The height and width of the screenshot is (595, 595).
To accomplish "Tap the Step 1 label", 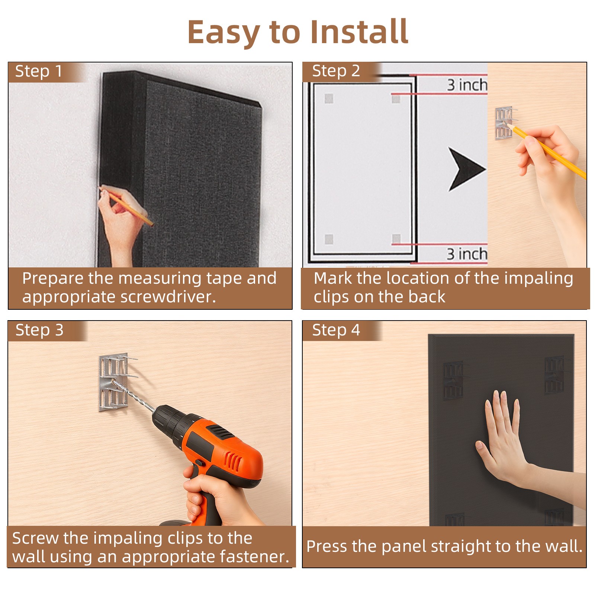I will [39, 71].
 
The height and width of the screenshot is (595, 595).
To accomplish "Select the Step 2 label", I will [336, 71].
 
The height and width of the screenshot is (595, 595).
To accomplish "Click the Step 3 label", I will [39, 330].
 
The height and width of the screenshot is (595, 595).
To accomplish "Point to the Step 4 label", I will [336, 330].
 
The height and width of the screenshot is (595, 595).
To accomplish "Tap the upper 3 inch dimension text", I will [467, 85].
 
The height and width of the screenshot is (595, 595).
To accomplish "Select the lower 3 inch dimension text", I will [467, 254].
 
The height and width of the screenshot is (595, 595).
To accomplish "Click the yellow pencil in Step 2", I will [550, 152].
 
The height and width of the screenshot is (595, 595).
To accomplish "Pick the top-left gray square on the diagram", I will [329, 99].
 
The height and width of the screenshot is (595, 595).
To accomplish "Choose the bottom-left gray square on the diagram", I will [329, 239].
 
